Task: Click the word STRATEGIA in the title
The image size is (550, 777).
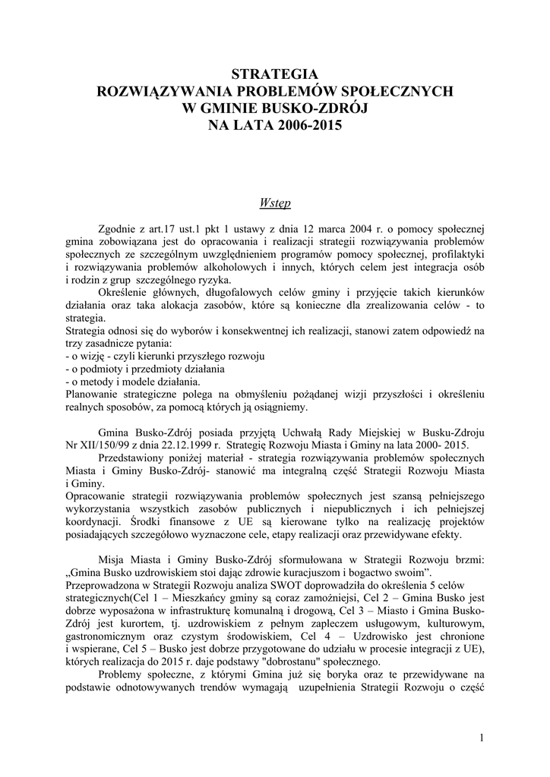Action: coord(274,74)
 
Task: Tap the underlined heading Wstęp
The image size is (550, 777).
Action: coord(274,203)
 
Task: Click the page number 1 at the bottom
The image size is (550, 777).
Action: coord(483,736)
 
